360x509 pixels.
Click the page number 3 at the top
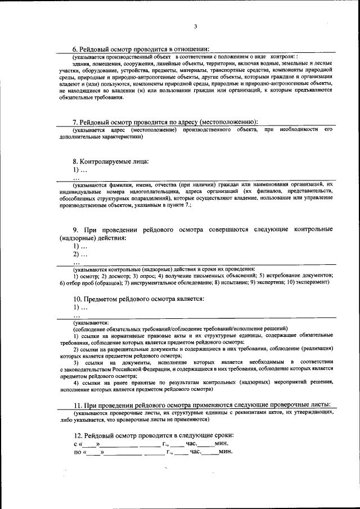(195, 26)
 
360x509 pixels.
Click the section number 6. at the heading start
(76, 49)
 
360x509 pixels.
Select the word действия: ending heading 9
(111, 238)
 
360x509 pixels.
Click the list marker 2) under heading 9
(76, 255)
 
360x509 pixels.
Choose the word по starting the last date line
(77, 452)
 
